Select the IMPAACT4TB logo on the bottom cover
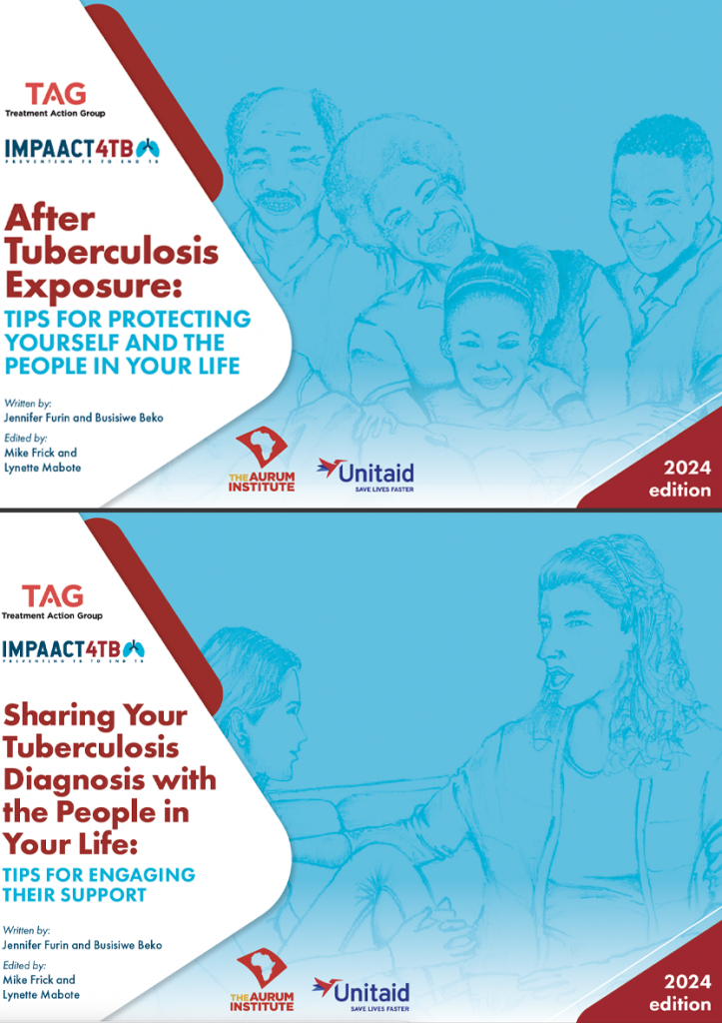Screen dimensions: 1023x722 [74, 651]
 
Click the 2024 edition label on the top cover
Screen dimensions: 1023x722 [679, 479]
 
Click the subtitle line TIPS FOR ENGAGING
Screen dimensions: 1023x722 [99, 875]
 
